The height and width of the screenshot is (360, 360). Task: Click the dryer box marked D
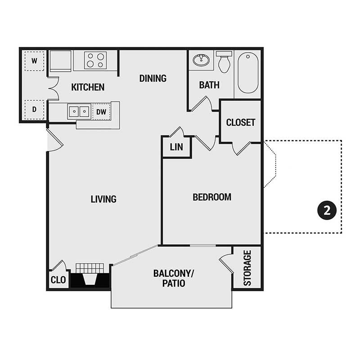click(x=34, y=109)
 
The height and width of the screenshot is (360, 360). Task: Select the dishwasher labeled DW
click(x=101, y=112)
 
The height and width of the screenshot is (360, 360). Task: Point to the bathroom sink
click(x=201, y=60)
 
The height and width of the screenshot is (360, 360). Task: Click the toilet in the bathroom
click(x=224, y=62)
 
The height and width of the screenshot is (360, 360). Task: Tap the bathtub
click(x=248, y=72)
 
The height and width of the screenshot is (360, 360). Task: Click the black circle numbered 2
click(x=327, y=210)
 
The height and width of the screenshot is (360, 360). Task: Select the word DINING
click(x=153, y=78)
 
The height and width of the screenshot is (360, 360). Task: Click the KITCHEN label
click(x=88, y=87)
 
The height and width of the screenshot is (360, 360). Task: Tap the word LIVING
click(x=103, y=199)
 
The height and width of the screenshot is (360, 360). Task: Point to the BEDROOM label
click(x=211, y=197)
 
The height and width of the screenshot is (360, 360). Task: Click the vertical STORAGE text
click(x=247, y=268)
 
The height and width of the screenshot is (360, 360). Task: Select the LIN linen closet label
click(x=176, y=147)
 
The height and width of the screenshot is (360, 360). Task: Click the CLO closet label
click(x=58, y=280)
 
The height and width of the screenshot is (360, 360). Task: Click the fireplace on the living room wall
click(x=90, y=275)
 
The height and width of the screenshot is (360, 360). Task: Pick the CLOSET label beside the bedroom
click(x=241, y=122)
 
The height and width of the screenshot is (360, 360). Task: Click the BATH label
click(x=209, y=85)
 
